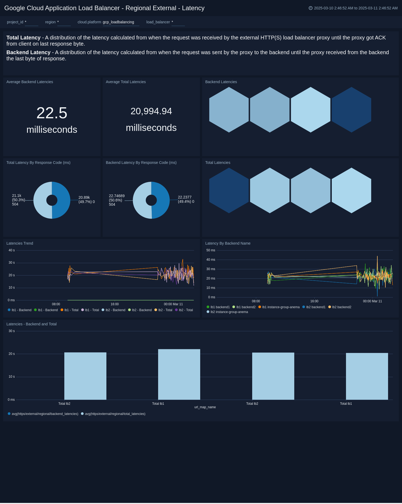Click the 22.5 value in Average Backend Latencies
(x=52, y=113)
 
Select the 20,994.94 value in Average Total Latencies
(x=151, y=111)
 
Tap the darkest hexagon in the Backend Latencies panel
(x=351, y=109)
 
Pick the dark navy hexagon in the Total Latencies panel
(x=229, y=190)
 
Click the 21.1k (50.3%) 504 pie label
(x=18, y=200)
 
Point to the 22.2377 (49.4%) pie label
(x=186, y=199)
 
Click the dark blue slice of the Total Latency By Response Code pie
(x=62, y=200)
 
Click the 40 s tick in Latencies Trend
(x=12, y=250)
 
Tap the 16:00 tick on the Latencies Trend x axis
(x=115, y=304)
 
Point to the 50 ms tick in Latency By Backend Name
(x=211, y=250)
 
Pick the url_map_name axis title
(x=205, y=407)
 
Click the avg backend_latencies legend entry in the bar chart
(x=45, y=414)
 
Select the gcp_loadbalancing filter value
(x=118, y=22)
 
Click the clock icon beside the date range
(x=311, y=8)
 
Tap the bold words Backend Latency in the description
(x=28, y=52)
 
